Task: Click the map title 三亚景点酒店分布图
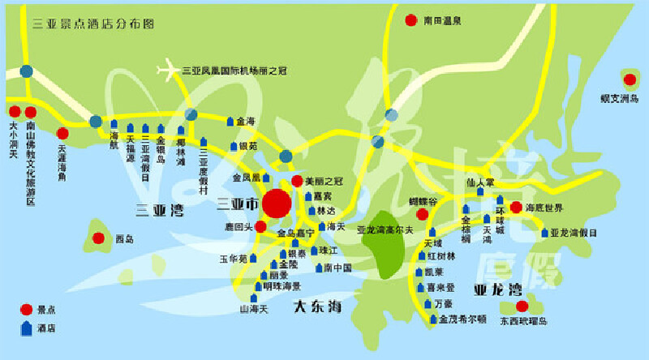click(x=92, y=24)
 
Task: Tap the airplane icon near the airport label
click(x=170, y=70)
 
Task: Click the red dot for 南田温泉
click(x=412, y=20)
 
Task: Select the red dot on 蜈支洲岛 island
click(x=630, y=79)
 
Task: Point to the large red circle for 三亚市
click(x=276, y=203)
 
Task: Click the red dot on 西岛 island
click(x=98, y=238)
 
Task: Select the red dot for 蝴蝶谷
click(x=422, y=215)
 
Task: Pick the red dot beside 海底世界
click(x=516, y=208)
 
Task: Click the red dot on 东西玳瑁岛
click(x=522, y=306)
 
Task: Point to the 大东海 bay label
click(x=318, y=306)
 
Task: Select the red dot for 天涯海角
click(x=62, y=134)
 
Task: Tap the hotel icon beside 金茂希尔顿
click(x=432, y=319)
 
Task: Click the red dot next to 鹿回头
click(x=260, y=226)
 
